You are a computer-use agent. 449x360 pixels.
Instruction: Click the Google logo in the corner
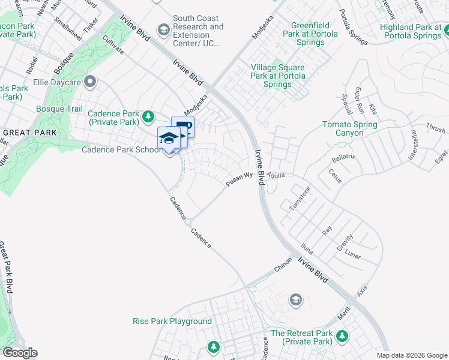coord(19,353)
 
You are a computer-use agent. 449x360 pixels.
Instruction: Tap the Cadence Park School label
coord(121,149)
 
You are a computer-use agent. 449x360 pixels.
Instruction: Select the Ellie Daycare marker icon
coord(90,81)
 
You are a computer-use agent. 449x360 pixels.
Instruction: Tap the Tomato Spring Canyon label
coord(350,128)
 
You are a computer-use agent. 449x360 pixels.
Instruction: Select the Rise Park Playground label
coord(172,321)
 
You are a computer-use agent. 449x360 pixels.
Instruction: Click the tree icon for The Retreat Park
coord(342,335)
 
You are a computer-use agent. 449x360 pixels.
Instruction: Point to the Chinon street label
coord(283,265)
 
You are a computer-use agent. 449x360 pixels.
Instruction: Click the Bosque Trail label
coord(59,109)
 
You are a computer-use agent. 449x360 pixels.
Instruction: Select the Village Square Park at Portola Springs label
coord(278,76)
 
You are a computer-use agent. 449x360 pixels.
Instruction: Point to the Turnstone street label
coord(300,198)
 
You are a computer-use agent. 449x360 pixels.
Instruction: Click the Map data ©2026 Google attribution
coord(412,355)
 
